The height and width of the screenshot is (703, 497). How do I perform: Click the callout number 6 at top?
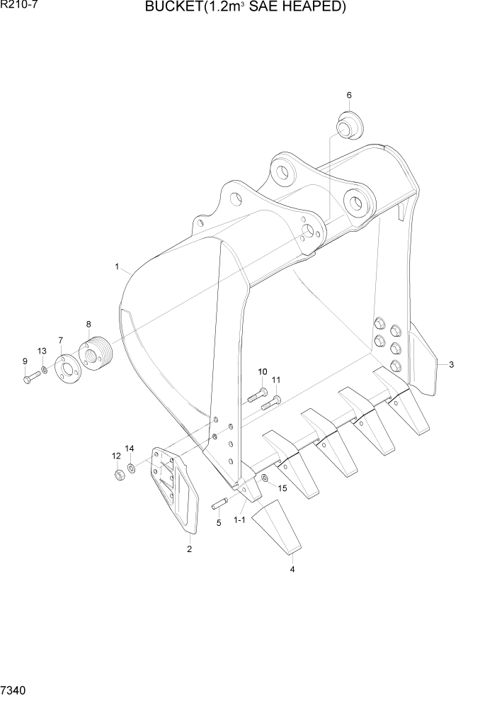click(348, 95)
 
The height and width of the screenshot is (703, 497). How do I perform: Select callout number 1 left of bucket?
click(116, 266)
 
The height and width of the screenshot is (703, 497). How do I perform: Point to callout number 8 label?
click(88, 324)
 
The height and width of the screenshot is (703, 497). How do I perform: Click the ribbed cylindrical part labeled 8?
click(95, 353)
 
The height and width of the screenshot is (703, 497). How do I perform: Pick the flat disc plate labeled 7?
click(67, 365)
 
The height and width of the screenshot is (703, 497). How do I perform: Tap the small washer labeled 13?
click(44, 371)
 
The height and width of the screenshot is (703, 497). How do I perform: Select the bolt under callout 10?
click(256, 395)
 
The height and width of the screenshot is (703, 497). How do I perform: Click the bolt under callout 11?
click(270, 405)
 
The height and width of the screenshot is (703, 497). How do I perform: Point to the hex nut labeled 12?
click(119, 473)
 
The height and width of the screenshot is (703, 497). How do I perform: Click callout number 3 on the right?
click(451, 365)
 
